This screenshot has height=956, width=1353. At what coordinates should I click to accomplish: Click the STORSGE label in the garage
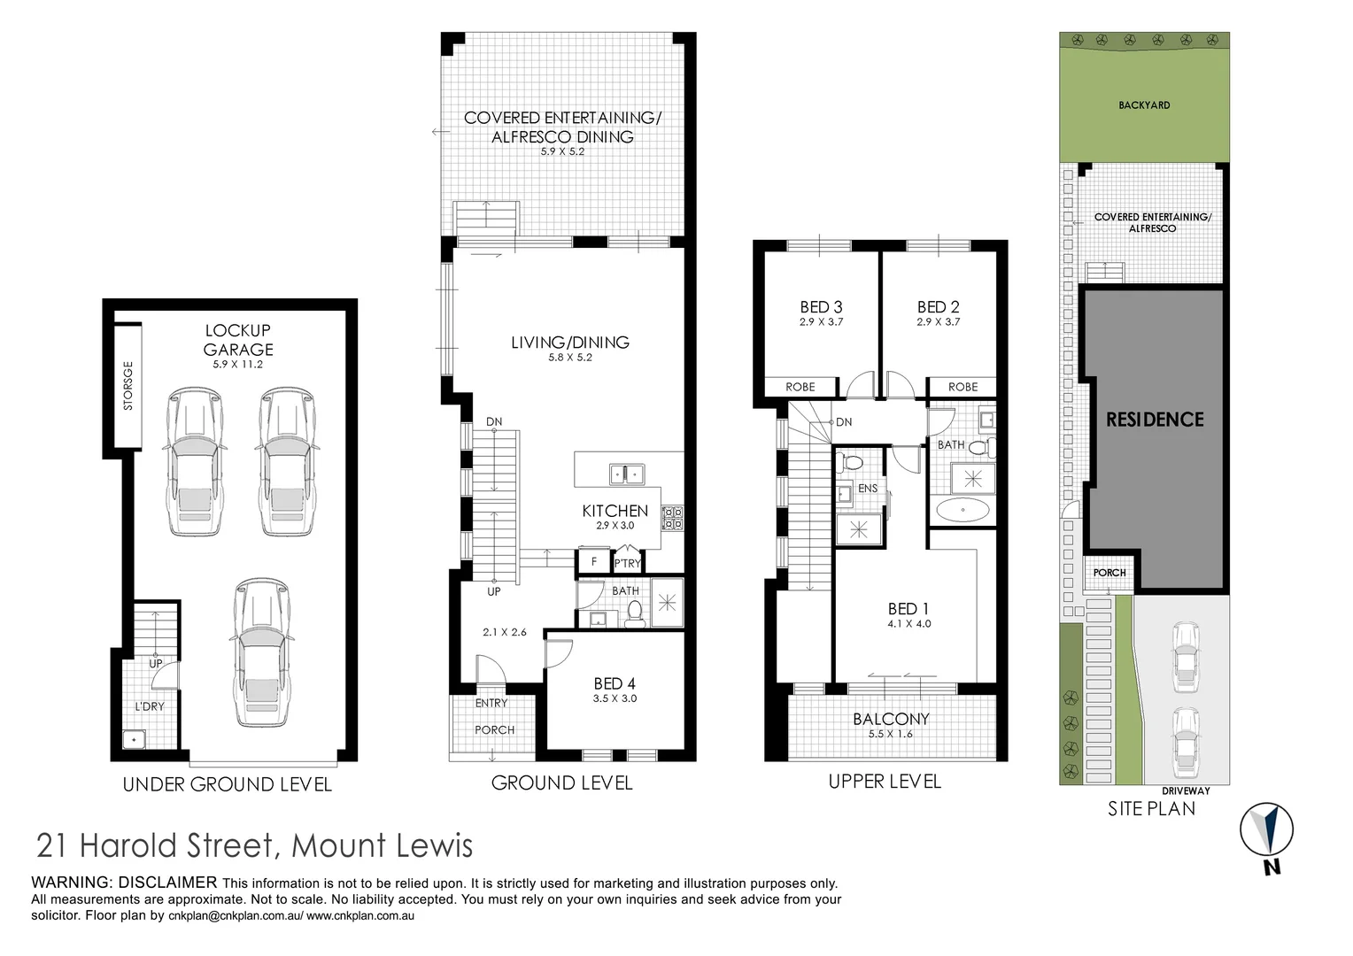[x=128, y=386]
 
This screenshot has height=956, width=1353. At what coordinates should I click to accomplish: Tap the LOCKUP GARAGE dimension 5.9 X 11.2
[x=238, y=364]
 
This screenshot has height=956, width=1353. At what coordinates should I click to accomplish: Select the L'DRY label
[x=150, y=706]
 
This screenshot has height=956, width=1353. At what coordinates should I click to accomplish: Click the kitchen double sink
[x=627, y=474]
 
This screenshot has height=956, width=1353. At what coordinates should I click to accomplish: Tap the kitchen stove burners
[x=673, y=518]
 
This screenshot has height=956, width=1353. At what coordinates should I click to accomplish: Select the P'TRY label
[x=628, y=563]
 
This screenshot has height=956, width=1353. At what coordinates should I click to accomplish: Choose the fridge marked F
[x=594, y=561]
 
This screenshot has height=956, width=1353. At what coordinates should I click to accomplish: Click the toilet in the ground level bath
[x=634, y=612]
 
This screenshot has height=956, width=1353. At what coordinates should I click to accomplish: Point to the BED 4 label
[x=615, y=683]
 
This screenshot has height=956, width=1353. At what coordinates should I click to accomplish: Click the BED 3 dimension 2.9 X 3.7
[x=821, y=322]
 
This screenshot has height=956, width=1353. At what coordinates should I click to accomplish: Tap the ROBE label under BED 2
[x=963, y=387]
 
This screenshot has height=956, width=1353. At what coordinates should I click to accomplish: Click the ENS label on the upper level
[x=868, y=489]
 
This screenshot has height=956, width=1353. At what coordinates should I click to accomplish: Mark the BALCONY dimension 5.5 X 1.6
[x=890, y=734]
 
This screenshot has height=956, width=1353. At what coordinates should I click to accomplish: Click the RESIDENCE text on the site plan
[x=1155, y=420]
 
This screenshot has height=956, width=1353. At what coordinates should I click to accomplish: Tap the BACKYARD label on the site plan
[x=1144, y=105]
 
